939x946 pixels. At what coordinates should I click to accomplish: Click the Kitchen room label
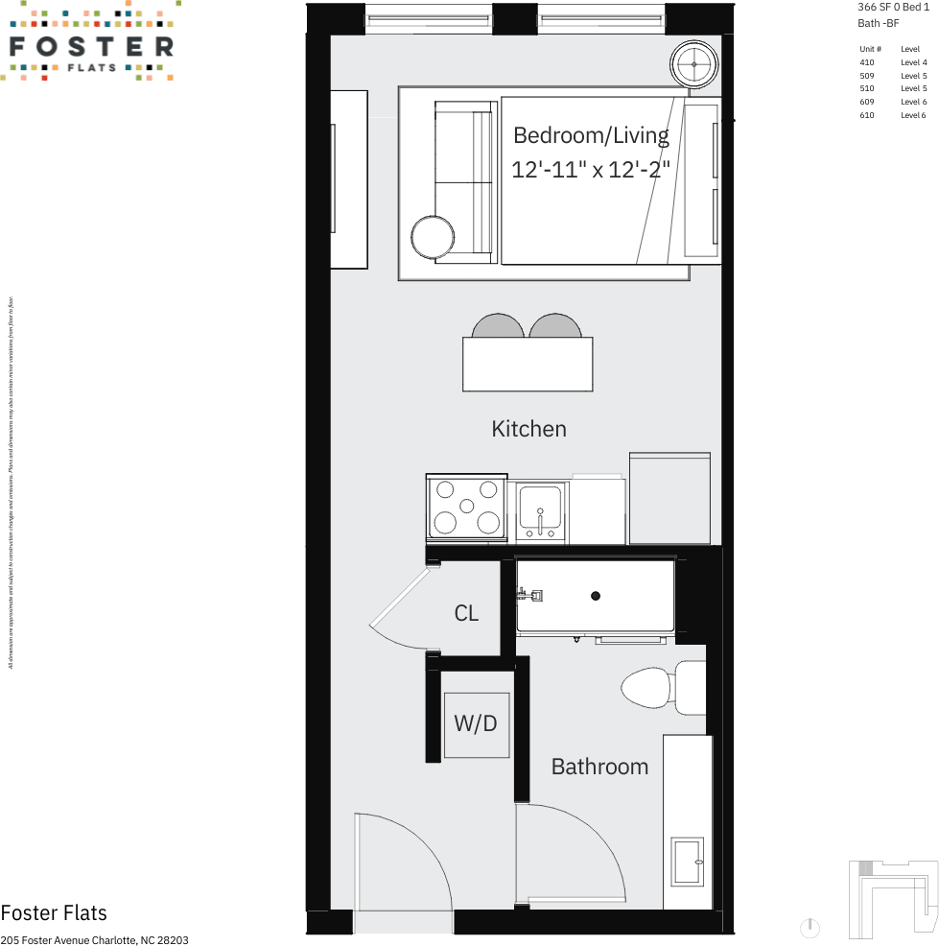[x=528, y=429]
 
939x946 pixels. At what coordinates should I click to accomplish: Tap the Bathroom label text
[x=599, y=767]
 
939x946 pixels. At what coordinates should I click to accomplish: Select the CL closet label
[x=466, y=613]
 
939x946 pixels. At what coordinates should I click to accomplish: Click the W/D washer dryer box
[x=476, y=723]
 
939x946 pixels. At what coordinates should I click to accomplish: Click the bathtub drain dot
[x=596, y=596]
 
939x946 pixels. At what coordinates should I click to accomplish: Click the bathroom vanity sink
[x=688, y=861]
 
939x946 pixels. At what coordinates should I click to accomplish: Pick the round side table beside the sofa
[x=434, y=237]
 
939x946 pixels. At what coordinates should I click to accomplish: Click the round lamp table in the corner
[x=693, y=64]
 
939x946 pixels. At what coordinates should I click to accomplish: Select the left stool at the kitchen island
[x=498, y=326]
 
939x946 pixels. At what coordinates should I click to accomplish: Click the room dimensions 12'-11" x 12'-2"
[x=590, y=170]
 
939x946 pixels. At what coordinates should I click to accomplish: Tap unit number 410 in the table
[x=867, y=62]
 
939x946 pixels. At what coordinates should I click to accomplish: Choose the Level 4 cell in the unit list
[x=912, y=62]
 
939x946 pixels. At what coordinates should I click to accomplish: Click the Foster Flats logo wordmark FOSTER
[x=91, y=46]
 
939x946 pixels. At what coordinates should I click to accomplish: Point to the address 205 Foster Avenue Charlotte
[x=94, y=940]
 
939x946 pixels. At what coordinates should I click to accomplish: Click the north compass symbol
[x=810, y=928]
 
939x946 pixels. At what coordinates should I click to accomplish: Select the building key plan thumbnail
[x=892, y=899]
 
